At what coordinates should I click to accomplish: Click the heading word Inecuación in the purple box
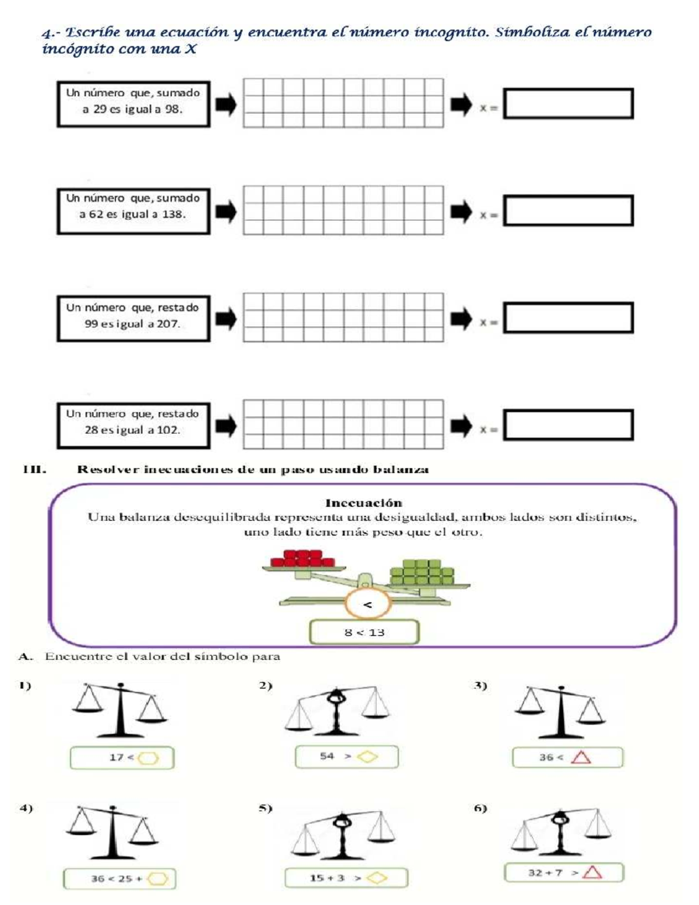364,503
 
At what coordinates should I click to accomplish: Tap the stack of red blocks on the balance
303,558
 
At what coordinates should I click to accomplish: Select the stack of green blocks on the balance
422,572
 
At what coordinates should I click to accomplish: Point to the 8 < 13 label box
364,632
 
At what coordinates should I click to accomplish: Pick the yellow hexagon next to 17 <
149,758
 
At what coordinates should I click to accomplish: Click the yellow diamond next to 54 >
367,756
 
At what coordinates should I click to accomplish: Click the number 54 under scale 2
327,756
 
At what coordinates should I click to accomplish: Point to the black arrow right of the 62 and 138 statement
226,212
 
